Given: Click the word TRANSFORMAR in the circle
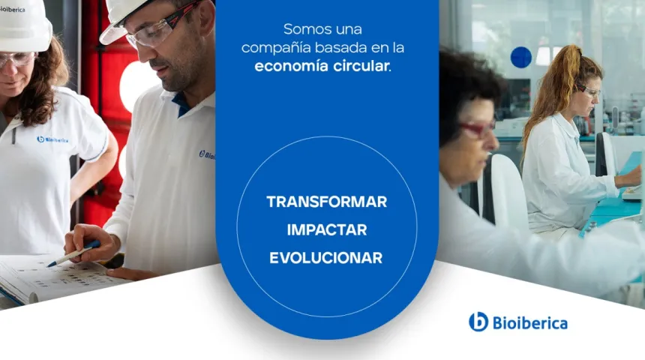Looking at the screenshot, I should (326, 202).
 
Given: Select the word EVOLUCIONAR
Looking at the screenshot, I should (326, 258).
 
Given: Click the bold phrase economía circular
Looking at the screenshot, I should (322, 66).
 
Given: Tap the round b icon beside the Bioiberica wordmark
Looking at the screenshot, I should (478, 322).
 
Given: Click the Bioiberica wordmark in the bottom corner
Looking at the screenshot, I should (529, 323).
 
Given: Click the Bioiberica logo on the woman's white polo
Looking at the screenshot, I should (52, 139).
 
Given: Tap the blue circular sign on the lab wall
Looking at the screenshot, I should (520, 57).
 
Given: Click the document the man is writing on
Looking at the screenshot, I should (52, 277).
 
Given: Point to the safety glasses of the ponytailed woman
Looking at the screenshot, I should (589, 91).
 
